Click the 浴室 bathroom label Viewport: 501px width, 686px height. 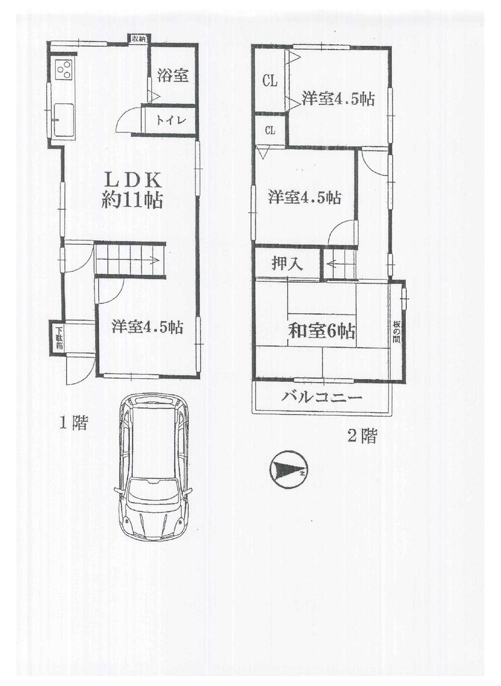tap(173, 76)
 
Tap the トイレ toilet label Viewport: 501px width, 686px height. tap(171, 120)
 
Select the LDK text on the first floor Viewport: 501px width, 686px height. tap(132, 179)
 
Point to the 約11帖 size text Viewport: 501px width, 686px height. tap(132, 200)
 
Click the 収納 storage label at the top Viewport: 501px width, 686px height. tap(139, 39)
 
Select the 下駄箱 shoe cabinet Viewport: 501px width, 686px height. tap(58, 338)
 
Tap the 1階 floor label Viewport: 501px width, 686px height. tap(74, 424)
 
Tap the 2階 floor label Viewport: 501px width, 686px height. tap(362, 436)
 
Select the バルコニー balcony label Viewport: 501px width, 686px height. tap(321, 398)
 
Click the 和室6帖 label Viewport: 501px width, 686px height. tap(322, 331)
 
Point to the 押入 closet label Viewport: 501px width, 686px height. tap(287, 263)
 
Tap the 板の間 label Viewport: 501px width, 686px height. tap(396, 331)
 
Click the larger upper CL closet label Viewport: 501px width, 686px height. tap(270, 81)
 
